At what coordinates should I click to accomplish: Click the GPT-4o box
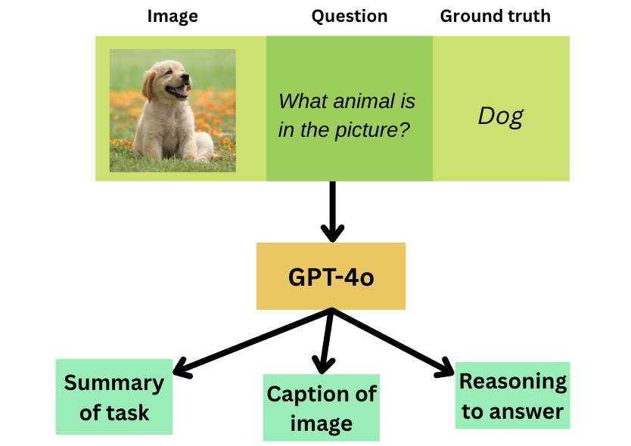point(331,277)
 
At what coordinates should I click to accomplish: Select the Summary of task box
point(114,397)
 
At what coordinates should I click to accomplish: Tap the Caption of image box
point(321,407)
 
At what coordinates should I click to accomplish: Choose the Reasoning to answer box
point(512,395)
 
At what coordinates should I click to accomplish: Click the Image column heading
point(173,16)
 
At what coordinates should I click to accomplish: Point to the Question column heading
point(349,16)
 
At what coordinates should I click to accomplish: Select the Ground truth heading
point(495,16)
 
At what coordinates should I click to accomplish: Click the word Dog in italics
point(500,116)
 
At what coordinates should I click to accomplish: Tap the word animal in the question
point(368,101)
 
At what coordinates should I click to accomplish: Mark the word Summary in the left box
point(114,383)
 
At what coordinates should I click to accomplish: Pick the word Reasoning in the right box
point(513,381)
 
